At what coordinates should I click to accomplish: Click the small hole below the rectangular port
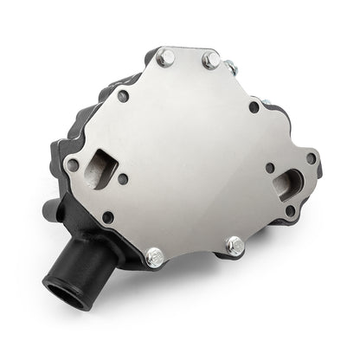108,217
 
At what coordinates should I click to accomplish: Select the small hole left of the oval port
270,167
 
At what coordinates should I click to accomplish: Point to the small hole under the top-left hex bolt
123,96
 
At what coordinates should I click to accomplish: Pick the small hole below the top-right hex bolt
253,107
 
